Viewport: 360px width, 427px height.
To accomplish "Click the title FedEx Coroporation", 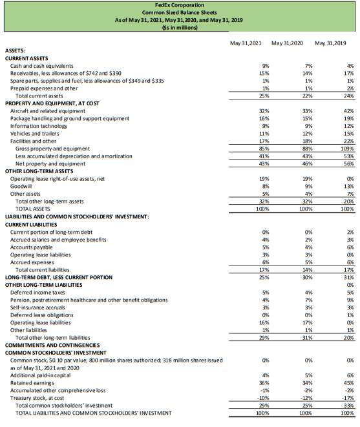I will (x=179, y=5).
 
